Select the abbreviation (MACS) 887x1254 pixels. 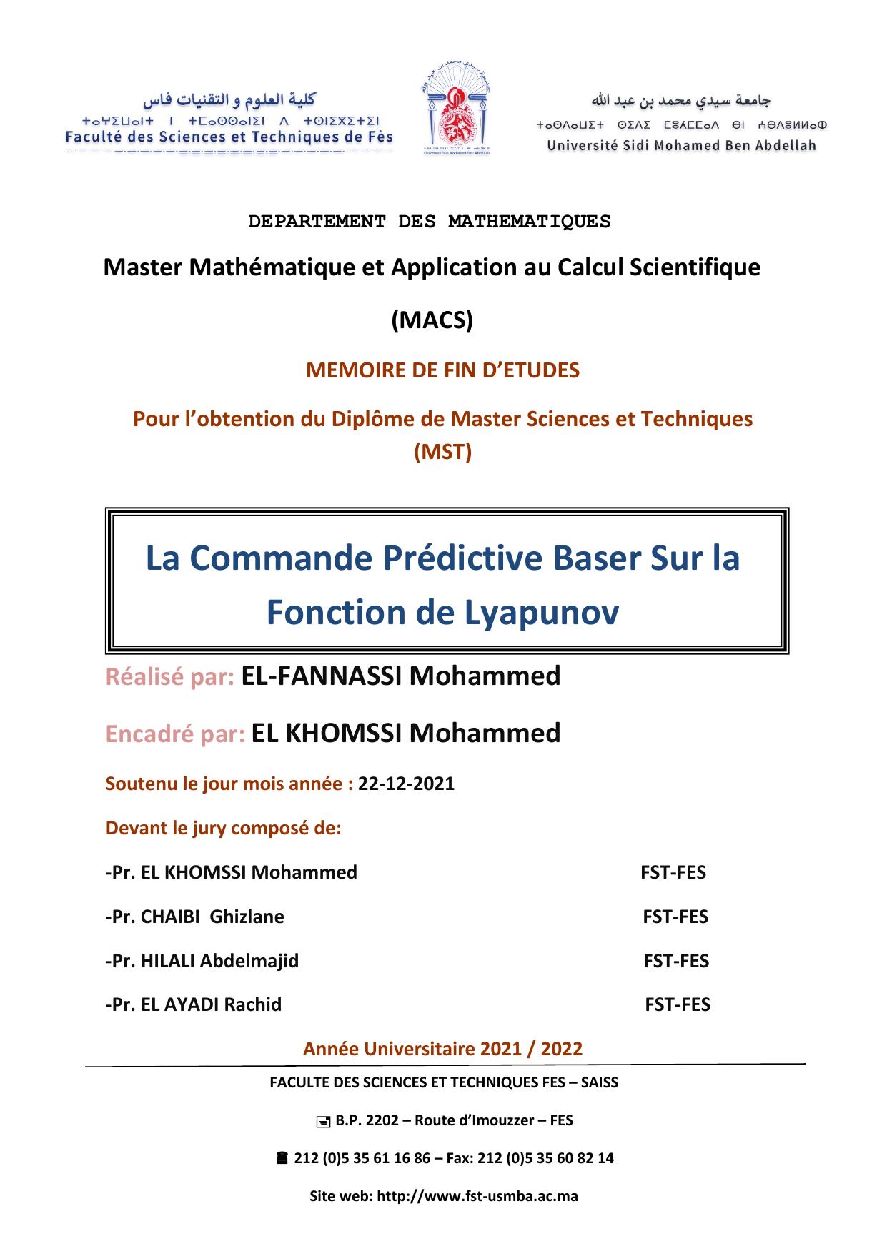pyautogui.click(x=432, y=321)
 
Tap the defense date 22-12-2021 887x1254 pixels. pyautogui.click(x=406, y=784)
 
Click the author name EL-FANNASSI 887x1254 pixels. pyautogui.click(x=322, y=676)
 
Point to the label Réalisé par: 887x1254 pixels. pyautogui.click(x=170, y=676)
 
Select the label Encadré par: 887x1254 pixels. pyautogui.click(x=176, y=734)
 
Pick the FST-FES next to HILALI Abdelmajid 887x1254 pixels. pyautogui.click(x=676, y=961)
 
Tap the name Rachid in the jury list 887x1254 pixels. pyautogui.click(x=253, y=1004)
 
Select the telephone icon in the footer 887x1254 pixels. pyautogui.click(x=282, y=1158)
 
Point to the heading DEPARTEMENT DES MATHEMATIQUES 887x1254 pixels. pyautogui.click(x=430, y=222)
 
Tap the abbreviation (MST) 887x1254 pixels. pyautogui.click(x=443, y=452)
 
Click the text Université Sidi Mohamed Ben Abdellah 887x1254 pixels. pyautogui.click(x=681, y=146)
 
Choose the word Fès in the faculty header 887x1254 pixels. pyautogui.click(x=378, y=137)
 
